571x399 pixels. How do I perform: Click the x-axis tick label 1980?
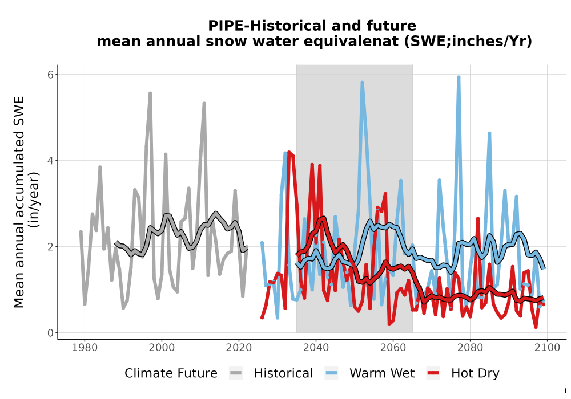(x=85, y=348)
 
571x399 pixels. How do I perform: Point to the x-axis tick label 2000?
(x=162, y=348)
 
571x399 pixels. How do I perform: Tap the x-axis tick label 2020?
(x=239, y=348)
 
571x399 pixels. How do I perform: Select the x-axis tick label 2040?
(x=316, y=348)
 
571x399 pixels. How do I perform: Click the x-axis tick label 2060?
(x=393, y=348)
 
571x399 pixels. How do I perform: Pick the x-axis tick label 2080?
(x=470, y=348)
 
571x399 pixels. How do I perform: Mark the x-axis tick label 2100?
(x=547, y=348)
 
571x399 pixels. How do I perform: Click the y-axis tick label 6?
(x=50, y=75)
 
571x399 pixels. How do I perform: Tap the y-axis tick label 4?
(x=50, y=161)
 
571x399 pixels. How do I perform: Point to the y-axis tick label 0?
(x=50, y=333)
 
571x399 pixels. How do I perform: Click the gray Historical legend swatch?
(x=236, y=373)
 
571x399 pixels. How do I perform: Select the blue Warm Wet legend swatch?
(x=331, y=373)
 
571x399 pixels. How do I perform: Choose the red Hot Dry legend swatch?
(x=433, y=373)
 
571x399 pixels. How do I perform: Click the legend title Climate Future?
(x=171, y=373)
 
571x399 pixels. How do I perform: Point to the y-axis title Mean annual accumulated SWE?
(x=19, y=202)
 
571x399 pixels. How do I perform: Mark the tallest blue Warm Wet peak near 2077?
(x=459, y=77)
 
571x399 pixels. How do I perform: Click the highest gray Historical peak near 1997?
(x=150, y=93)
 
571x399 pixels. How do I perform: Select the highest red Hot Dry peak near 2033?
(x=289, y=153)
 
